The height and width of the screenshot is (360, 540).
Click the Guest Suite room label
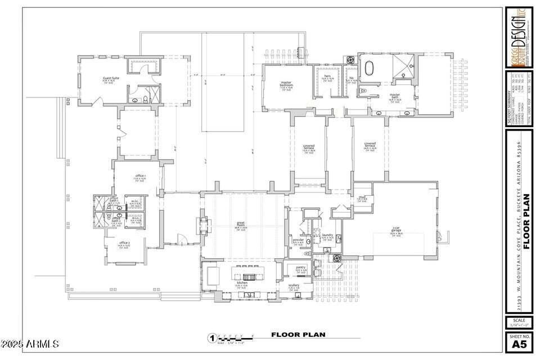[110, 78]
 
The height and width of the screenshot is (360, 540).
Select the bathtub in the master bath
[369, 67]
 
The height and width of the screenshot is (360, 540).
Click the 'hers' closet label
[327, 76]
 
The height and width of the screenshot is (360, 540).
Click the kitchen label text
[242, 283]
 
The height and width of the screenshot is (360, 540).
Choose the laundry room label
[327, 235]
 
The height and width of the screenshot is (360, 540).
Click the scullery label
[294, 285]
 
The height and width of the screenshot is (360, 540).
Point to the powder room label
[298, 240]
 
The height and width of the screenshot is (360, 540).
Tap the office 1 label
[140, 176]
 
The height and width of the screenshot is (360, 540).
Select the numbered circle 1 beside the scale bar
[212, 338]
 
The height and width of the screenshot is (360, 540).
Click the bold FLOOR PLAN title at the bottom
[298, 335]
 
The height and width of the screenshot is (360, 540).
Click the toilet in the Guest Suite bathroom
[145, 100]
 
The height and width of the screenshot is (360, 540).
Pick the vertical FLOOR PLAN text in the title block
[526, 222]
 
